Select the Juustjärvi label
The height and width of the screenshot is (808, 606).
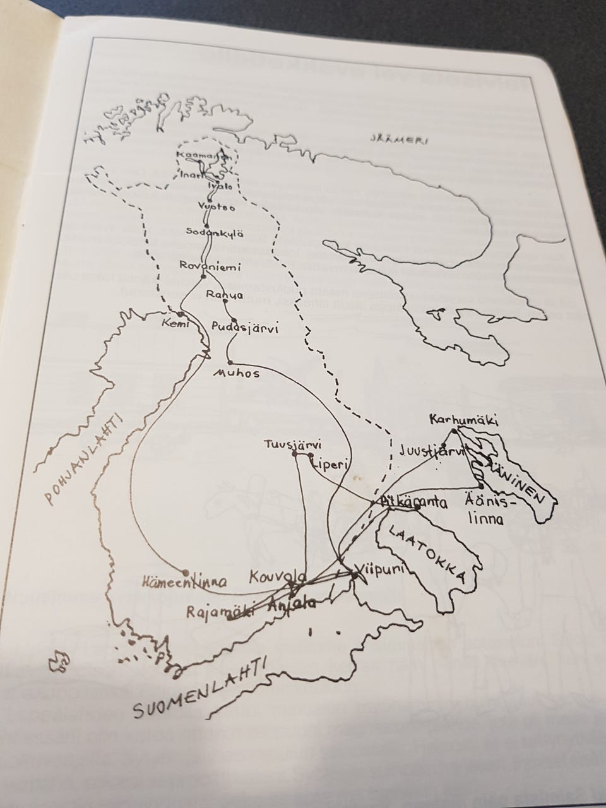pos(431,451)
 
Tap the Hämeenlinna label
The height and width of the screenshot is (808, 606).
pos(185,581)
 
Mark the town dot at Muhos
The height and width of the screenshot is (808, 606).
pos(230,362)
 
